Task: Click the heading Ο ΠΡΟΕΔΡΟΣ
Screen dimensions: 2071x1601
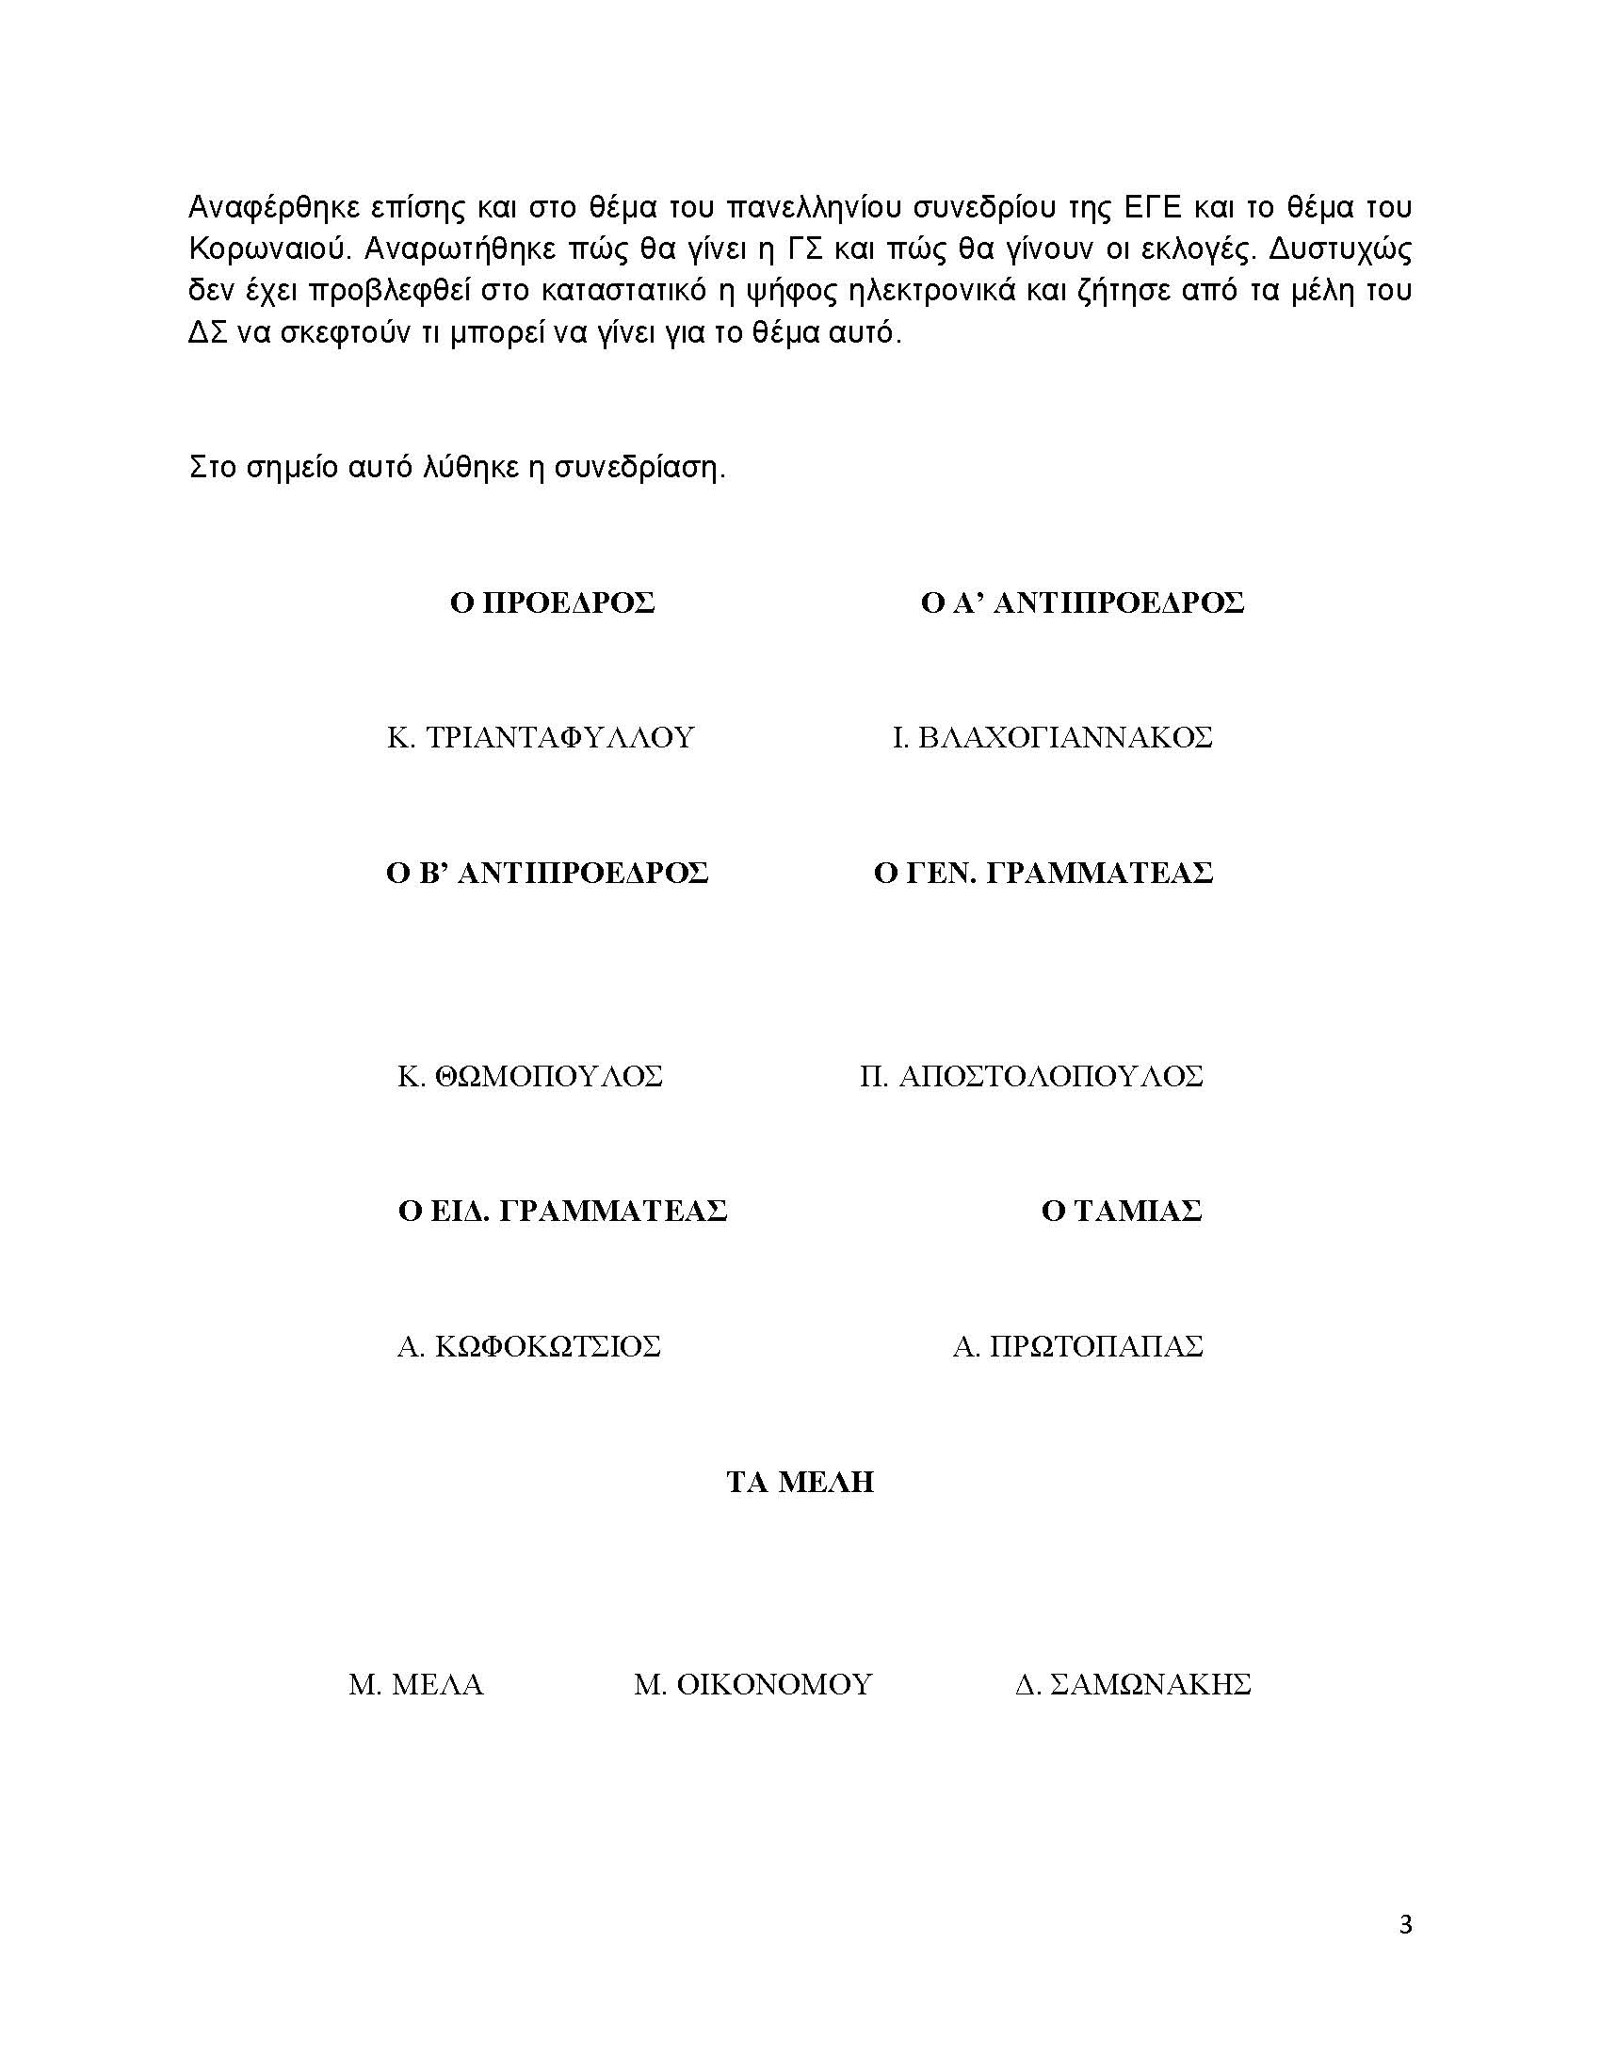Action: pos(552,603)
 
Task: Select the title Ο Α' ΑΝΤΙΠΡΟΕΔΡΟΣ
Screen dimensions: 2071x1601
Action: pos(1082,603)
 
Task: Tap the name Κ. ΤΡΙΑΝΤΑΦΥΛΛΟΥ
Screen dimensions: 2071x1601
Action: pos(541,738)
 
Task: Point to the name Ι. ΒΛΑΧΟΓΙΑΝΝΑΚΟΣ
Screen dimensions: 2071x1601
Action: pos(1052,738)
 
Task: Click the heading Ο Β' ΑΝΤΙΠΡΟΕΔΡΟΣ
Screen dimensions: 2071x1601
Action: pos(547,873)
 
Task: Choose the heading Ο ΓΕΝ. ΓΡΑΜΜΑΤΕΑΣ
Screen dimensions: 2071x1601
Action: pos(1043,873)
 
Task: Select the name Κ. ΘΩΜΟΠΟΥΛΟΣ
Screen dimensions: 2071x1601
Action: pos(530,1076)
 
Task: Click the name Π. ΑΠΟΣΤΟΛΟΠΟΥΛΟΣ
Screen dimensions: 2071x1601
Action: pos(1031,1076)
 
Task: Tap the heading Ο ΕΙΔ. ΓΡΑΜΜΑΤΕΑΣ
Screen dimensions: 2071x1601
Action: pos(562,1211)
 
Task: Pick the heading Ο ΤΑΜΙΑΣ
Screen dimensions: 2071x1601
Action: pos(1121,1211)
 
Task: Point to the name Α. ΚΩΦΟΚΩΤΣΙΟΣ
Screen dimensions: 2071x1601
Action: pos(528,1346)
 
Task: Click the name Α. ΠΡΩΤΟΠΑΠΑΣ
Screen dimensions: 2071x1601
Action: pos(1077,1346)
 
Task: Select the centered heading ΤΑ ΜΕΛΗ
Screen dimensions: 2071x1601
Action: pos(800,1482)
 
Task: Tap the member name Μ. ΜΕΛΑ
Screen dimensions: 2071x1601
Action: pos(416,1685)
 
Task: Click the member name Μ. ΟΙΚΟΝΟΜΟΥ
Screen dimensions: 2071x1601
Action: pos(752,1685)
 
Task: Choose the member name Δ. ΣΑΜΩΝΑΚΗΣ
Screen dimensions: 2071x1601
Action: pos(1132,1685)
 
